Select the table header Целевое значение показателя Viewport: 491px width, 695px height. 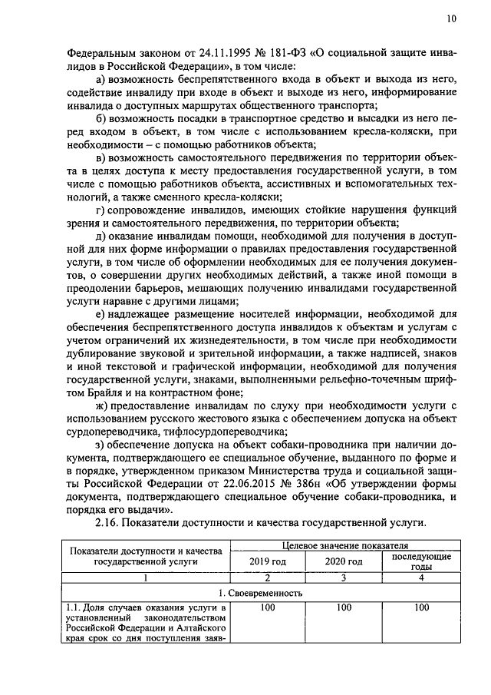(x=345, y=546)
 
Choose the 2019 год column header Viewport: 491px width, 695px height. (x=268, y=561)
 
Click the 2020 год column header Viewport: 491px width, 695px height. (x=344, y=561)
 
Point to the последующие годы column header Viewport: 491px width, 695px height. (x=421, y=561)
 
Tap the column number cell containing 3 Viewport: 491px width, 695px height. (x=344, y=578)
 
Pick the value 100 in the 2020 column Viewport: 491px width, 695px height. (x=344, y=607)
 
